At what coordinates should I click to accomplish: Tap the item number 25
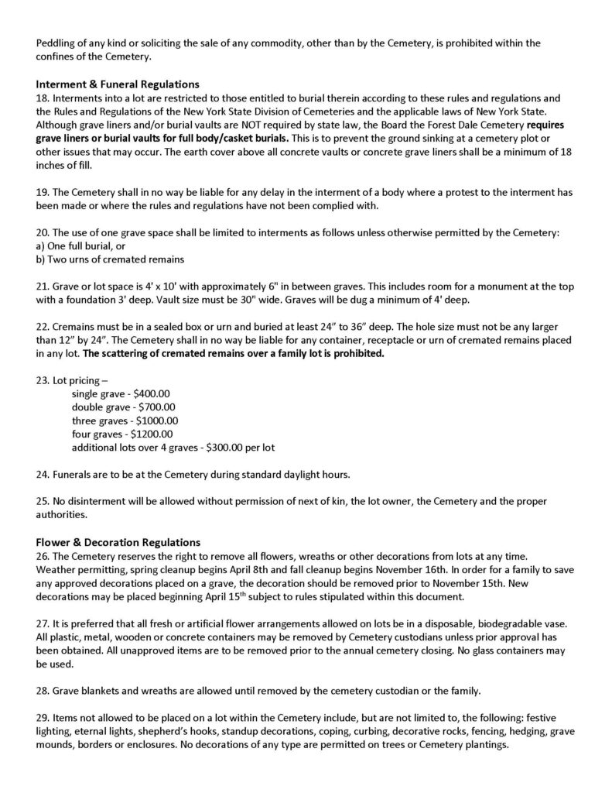click(x=42, y=501)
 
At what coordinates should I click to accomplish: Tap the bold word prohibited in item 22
click(x=357, y=353)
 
